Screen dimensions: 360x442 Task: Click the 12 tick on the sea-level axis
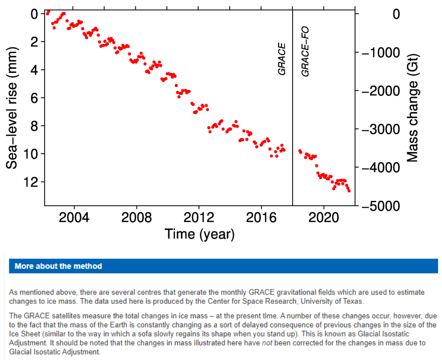[34, 182]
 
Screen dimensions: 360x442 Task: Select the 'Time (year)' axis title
[199, 234]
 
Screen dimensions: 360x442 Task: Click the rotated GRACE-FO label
[305, 52]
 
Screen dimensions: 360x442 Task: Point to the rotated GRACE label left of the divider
[282, 59]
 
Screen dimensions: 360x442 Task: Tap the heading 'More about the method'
[58, 266]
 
